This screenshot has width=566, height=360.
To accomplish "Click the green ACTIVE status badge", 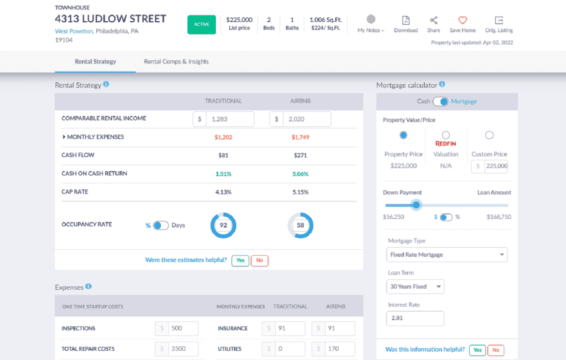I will point(201,25).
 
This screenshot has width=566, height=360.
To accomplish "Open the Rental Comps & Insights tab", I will point(176,61).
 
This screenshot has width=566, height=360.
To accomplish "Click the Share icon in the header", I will point(433,20).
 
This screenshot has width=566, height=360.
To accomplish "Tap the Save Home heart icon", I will point(462,20).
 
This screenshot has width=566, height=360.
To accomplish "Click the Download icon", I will point(405,20).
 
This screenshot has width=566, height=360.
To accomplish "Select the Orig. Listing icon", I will point(499,20).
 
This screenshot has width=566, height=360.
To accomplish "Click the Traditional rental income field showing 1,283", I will point(229,119).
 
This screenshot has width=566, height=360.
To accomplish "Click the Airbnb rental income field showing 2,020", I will point(306,119).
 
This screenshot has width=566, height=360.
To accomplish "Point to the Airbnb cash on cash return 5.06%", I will point(300,174).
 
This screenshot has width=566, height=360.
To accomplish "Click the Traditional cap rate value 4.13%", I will point(223,192).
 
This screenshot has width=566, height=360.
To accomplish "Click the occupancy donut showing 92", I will point(223,225).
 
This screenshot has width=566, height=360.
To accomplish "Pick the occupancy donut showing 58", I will point(300,225).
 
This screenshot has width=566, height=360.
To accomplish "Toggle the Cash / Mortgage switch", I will point(440,102).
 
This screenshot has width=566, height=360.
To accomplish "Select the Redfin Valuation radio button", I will point(446,135).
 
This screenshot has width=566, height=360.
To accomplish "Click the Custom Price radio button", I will point(489,135).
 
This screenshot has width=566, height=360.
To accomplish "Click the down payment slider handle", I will point(416,205).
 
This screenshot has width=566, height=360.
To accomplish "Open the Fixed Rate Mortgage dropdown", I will point(447,255).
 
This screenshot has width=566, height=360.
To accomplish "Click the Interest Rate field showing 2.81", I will point(415,318).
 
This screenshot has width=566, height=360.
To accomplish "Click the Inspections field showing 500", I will point(183,329).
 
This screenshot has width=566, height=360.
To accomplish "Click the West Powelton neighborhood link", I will point(74,31).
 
